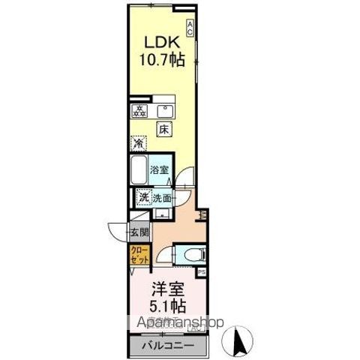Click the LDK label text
click(161, 43)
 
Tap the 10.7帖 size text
click(161, 60)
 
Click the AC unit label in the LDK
click(190, 28)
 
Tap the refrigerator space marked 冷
click(139, 142)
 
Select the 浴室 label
click(159, 170)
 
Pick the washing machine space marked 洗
click(141, 198)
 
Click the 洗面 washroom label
click(161, 198)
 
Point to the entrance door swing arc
click(116, 231)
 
